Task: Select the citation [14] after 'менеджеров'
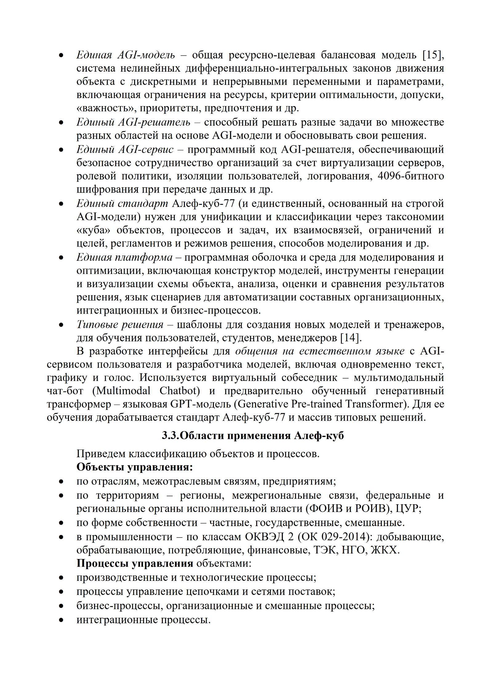click(x=350, y=338)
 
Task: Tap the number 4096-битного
click(x=411, y=176)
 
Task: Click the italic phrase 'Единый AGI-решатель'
click(x=133, y=122)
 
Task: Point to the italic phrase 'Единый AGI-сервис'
click(x=125, y=149)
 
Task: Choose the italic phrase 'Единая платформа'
click(x=124, y=257)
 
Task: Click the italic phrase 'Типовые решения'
click(x=120, y=324)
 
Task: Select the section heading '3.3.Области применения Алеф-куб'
click(x=253, y=435)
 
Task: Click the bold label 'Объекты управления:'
click(x=134, y=467)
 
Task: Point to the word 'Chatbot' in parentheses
click(x=180, y=391)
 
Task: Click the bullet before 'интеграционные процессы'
click(x=61, y=620)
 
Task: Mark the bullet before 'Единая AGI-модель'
click(x=61, y=56)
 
